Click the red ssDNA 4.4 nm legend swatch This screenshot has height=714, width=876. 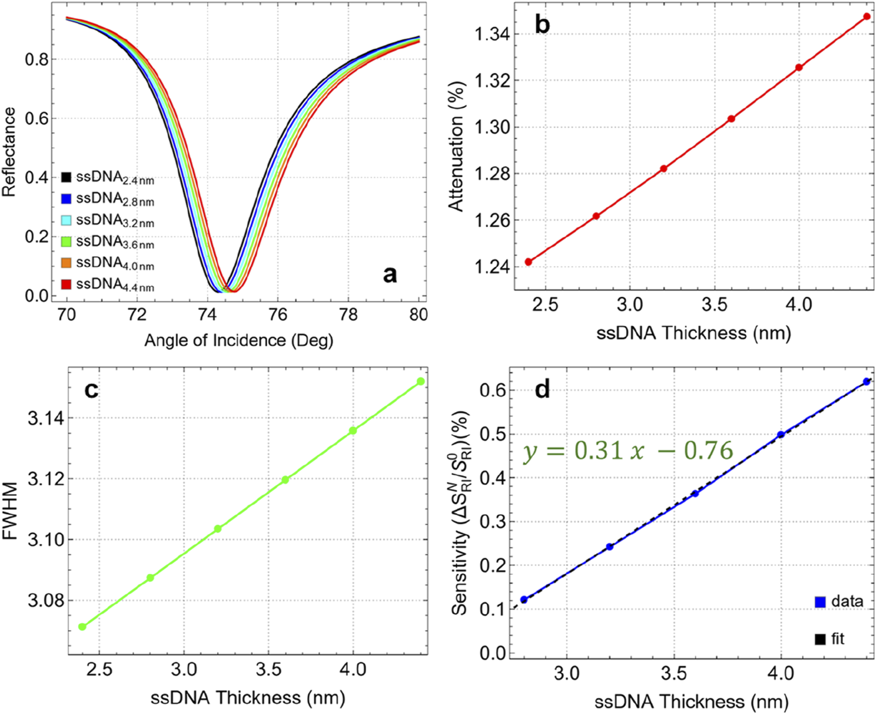point(66,285)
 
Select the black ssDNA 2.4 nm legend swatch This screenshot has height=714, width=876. point(66,177)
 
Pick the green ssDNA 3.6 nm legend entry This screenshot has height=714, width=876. point(66,242)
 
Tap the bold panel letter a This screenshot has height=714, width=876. point(390,274)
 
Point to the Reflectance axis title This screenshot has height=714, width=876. point(9,152)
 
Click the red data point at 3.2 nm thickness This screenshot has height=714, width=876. point(664,169)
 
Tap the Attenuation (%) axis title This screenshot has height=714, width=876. point(456,147)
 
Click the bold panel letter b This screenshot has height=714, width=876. point(542,25)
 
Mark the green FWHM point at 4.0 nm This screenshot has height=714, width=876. point(353,430)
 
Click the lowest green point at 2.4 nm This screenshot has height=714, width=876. point(83,626)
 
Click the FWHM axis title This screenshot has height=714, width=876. point(9,511)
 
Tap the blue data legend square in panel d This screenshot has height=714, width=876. point(820,602)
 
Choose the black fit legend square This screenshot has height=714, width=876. point(820,639)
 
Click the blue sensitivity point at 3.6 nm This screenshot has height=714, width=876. point(695,493)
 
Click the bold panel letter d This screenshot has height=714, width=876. point(542,390)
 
